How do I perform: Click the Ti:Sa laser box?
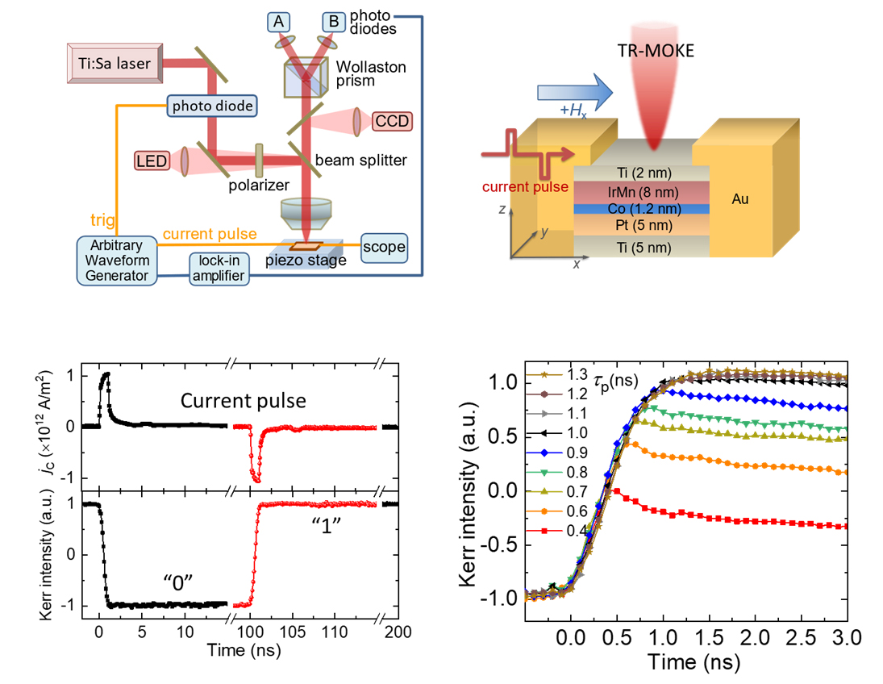[110, 62]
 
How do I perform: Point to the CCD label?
[392, 122]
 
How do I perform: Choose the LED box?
[152, 161]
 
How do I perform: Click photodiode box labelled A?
[279, 21]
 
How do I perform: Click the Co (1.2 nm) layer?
[640, 208]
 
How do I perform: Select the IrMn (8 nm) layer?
[640, 191]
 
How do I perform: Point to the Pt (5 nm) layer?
[640, 223]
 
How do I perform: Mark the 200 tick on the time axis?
[394, 634]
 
